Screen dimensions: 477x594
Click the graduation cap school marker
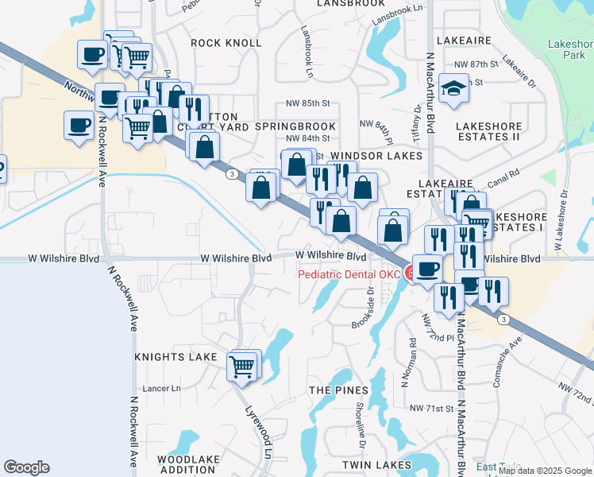click(x=454, y=87)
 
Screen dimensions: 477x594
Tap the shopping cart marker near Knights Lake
click(x=242, y=367)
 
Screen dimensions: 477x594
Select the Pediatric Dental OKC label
click(x=349, y=275)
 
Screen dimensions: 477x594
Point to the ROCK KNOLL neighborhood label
click(x=226, y=42)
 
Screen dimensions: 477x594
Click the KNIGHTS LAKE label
click(x=175, y=357)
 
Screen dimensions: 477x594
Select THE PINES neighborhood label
click(x=338, y=390)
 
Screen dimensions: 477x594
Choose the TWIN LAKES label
click(x=377, y=464)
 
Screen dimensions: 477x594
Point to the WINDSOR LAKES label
click(x=376, y=156)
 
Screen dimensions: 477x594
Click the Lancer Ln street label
click(x=162, y=389)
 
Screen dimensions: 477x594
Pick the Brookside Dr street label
click(x=370, y=306)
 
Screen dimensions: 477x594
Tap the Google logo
click(x=26, y=467)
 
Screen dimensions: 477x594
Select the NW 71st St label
click(x=430, y=408)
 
